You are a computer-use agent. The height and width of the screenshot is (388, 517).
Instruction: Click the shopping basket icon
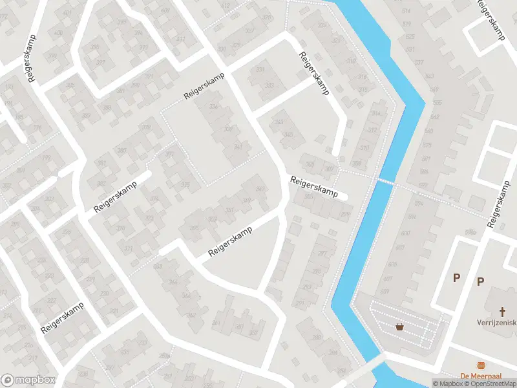tap(401, 327)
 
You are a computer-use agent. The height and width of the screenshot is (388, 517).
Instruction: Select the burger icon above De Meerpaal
tap(481, 366)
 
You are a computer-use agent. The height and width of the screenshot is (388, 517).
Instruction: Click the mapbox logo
tap(27, 380)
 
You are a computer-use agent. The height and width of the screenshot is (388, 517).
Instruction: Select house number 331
tap(261, 70)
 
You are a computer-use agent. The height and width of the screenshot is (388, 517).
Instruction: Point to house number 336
tap(213, 107)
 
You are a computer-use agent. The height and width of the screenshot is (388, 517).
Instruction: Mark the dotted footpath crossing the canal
tap(385, 182)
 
